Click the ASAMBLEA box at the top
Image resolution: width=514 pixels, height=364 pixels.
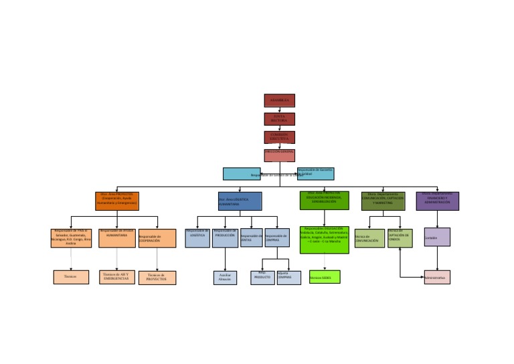click(x=279, y=100)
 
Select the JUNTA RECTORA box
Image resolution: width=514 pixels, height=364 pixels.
click(x=279, y=119)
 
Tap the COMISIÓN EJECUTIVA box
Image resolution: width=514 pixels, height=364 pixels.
click(x=279, y=137)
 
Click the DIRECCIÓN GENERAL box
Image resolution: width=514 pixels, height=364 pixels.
click(x=279, y=155)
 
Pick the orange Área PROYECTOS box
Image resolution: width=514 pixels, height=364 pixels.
click(x=117, y=201)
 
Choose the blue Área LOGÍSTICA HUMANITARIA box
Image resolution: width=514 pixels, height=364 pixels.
click(x=240, y=201)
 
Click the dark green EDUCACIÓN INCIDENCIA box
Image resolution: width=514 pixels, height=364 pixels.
click(x=324, y=200)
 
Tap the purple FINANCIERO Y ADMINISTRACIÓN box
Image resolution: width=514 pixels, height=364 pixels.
click(x=437, y=201)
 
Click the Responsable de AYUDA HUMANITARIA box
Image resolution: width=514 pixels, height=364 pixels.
click(x=117, y=238)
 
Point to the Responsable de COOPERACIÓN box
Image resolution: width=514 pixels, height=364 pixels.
click(x=157, y=239)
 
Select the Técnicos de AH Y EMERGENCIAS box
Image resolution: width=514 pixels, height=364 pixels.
click(x=117, y=276)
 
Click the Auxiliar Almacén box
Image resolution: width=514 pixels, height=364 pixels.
click(x=225, y=277)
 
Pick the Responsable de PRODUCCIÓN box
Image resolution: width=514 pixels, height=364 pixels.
click(x=225, y=238)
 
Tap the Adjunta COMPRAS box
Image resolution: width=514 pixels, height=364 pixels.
click(x=288, y=277)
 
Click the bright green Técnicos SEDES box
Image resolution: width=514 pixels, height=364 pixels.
click(x=325, y=277)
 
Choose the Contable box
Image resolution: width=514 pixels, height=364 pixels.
click(x=437, y=237)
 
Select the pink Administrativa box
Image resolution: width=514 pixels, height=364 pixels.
click(x=437, y=277)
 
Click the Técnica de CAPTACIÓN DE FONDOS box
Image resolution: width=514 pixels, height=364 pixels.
click(x=400, y=238)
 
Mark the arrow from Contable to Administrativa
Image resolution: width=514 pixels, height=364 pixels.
click(x=437, y=258)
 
